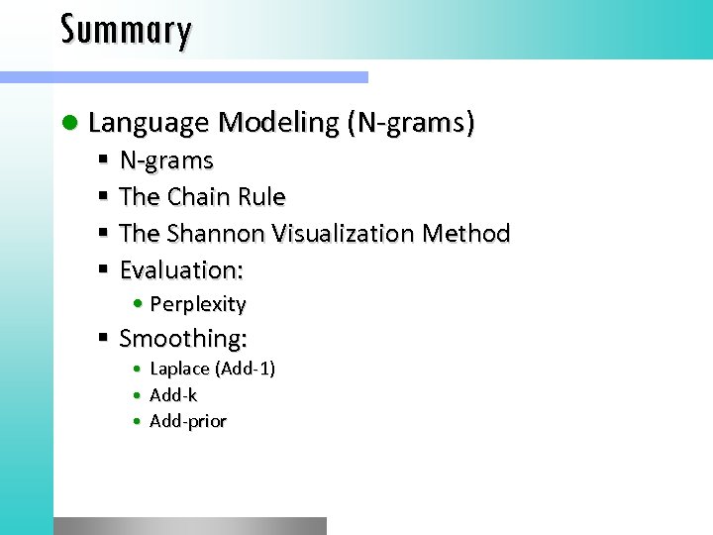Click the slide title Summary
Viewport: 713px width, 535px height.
click(126, 30)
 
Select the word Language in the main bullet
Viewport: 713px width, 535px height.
click(149, 123)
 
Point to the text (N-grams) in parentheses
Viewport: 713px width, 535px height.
click(410, 123)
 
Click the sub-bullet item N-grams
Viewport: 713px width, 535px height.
click(166, 160)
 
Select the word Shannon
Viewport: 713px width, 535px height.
click(216, 234)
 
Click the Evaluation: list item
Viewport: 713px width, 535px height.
click(181, 269)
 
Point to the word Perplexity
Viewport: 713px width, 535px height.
click(197, 304)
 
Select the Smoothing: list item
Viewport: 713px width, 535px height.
click(183, 339)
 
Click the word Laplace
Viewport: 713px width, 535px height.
click(179, 369)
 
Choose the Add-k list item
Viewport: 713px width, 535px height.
click(173, 395)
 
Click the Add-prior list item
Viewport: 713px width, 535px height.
click(188, 422)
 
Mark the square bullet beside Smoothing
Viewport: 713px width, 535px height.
click(103, 339)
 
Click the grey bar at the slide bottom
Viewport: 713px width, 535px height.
click(189, 525)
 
